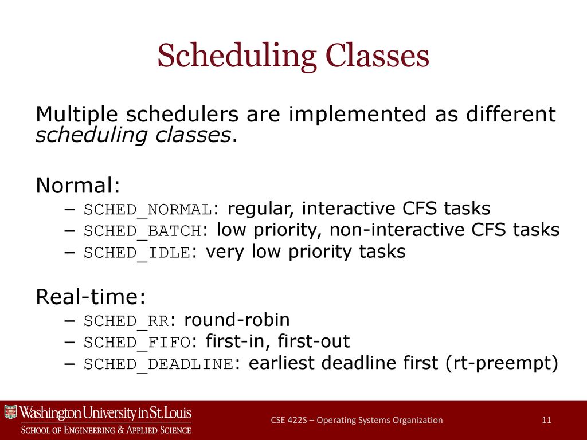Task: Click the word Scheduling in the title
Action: (237, 56)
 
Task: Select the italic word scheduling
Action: (91, 135)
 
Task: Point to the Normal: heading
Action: (78, 185)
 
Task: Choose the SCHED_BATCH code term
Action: (143, 231)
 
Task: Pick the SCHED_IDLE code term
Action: (137, 253)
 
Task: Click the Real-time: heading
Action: (91, 297)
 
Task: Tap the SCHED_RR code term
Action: (126, 321)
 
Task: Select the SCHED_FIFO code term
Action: (137, 343)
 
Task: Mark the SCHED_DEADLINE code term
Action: (159, 364)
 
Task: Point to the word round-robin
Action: (237, 320)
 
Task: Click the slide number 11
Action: (546, 420)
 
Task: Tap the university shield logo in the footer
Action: (11, 412)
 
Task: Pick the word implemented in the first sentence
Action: (358, 115)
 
